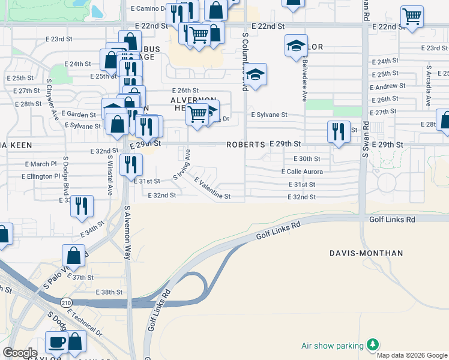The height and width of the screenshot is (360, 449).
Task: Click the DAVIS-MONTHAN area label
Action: pyautogui.click(x=366, y=253)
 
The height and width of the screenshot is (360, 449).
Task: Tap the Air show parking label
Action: pyautogui.click(x=333, y=346)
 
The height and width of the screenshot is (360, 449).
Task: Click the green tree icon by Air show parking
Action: pyautogui.click(x=373, y=344)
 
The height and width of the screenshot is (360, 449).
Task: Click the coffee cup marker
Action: pyautogui.click(x=57, y=343)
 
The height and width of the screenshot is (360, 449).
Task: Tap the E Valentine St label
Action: pyautogui.click(x=212, y=188)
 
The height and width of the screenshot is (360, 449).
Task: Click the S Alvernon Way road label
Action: pyautogui.click(x=127, y=232)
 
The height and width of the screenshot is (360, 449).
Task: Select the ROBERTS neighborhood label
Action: pyautogui.click(x=246, y=145)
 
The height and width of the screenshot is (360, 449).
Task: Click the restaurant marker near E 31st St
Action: pyautogui.click(x=131, y=164)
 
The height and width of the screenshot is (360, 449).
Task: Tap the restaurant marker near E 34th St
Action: pyautogui.click(x=82, y=206)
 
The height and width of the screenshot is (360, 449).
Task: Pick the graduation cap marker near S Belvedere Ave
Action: pyautogui.click(x=296, y=46)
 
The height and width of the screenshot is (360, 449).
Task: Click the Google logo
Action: pyautogui.click(x=20, y=353)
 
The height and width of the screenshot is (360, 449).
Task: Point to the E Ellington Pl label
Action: pyautogui.click(x=40, y=176)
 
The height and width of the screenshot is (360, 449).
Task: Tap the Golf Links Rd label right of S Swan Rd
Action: pyautogui.click(x=393, y=220)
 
